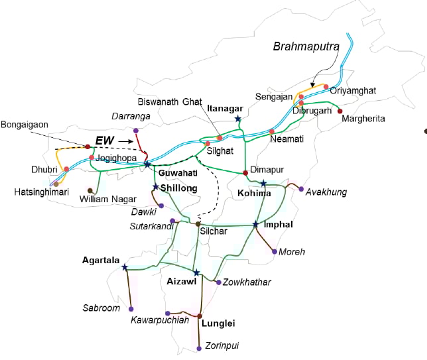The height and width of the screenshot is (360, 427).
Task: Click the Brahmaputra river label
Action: pyautogui.click(x=306, y=47)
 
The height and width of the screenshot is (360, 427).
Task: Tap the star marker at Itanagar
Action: pyautogui.click(x=238, y=119)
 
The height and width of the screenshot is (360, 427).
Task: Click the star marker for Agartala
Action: pyautogui.click(x=125, y=267)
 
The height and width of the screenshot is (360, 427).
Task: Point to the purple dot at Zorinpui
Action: pyautogui.click(x=200, y=349)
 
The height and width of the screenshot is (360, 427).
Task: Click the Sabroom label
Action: pyautogui.click(x=101, y=308)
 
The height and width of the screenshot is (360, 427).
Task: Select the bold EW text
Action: pyautogui.click(x=105, y=141)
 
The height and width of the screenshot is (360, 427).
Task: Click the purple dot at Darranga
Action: pyautogui.click(x=135, y=131)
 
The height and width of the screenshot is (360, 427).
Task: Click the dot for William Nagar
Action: pyautogui.click(x=90, y=190)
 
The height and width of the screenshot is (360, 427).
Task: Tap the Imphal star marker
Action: pyautogui.click(x=255, y=225)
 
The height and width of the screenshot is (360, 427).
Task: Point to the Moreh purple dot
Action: pyautogui.click(x=274, y=251)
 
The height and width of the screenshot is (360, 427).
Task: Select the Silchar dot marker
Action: pyautogui.click(x=198, y=224)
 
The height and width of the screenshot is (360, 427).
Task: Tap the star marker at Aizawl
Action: pyautogui.click(x=196, y=272)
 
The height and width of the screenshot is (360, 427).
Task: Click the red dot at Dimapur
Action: pyautogui.click(x=246, y=173)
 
